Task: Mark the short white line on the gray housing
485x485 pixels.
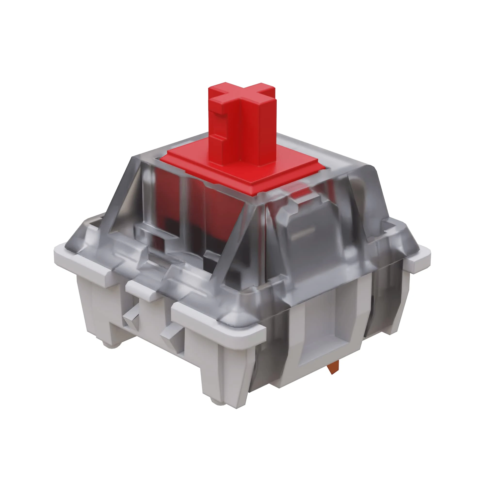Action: point(304,231)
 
